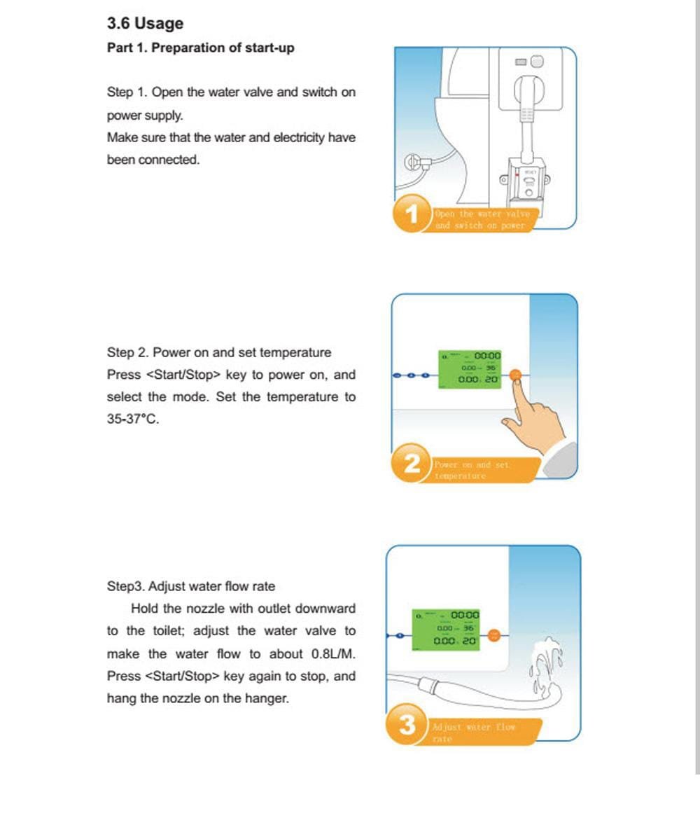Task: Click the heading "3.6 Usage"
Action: pos(145,23)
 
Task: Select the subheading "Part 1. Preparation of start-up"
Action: pos(200,48)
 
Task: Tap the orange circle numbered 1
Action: pos(412,214)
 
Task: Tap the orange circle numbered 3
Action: pos(407,725)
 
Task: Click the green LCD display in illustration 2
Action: pos(470,369)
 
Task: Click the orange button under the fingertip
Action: pos(516,375)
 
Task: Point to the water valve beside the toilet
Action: pos(416,162)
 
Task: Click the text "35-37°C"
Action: pos(132,419)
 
